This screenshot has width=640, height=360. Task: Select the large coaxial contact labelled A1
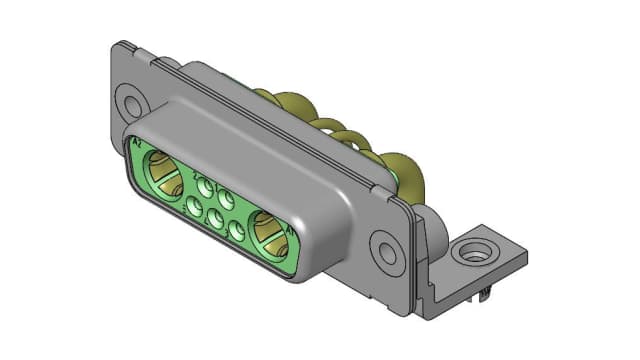point(267,233)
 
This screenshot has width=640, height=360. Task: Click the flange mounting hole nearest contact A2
point(129,101)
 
